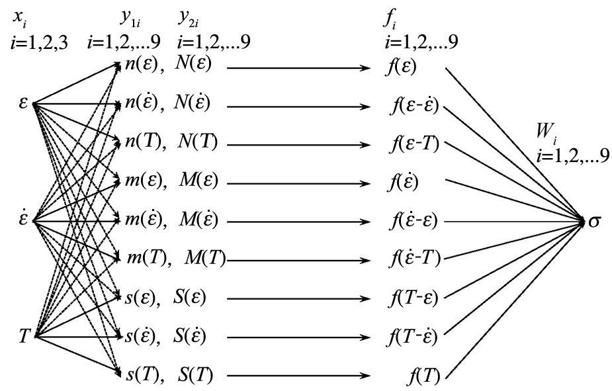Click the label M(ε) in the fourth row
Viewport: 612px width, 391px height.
click(200, 180)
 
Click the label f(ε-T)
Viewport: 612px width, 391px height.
click(414, 144)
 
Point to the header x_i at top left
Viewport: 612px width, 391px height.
click(19, 18)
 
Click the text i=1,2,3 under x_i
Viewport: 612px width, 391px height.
click(40, 43)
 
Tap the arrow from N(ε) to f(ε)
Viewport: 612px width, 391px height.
click(298, 67)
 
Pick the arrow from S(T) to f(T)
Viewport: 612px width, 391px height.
click(298, 376)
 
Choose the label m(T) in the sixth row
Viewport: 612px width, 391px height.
click(148, 258)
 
